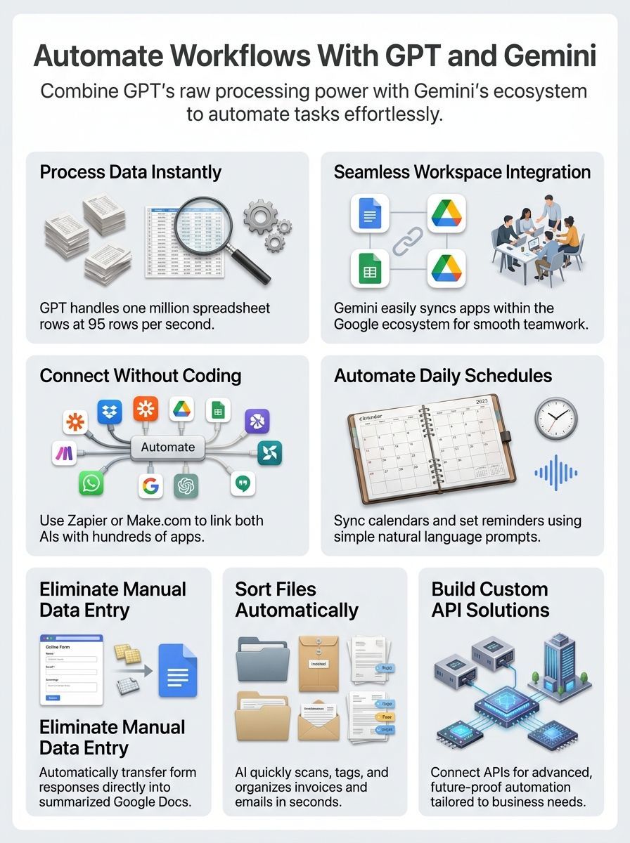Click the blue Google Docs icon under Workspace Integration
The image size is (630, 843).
(x=370, y=213)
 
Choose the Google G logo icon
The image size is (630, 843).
(x=150, y=485)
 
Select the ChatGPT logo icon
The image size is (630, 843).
(x=186, y=485)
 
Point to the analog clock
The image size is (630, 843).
(x=556, y=420)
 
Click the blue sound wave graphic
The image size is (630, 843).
(x=555, y=473)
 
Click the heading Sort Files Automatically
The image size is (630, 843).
(x=297, y=599)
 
